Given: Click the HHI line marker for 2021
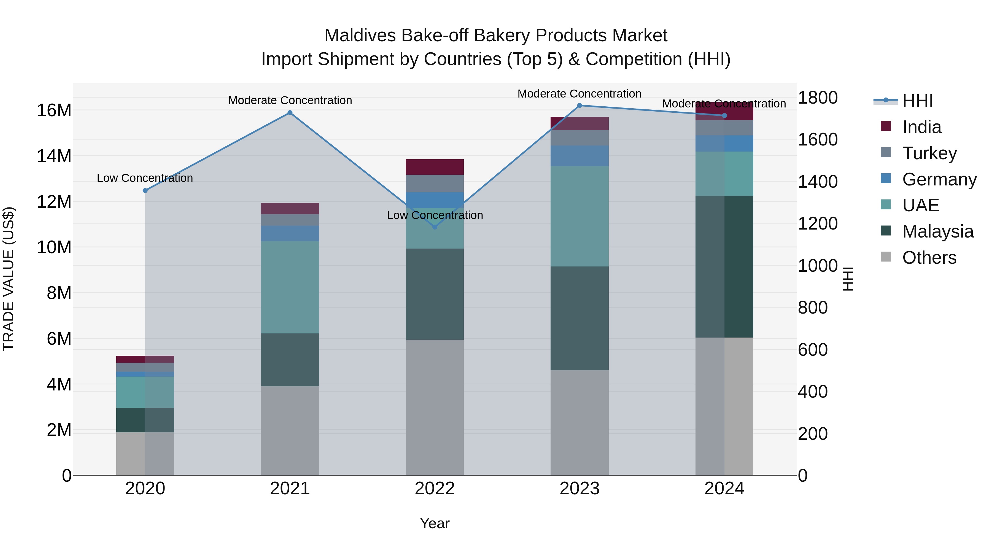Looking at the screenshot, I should tap(290, 113).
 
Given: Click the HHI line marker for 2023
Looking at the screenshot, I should tap(579, 106).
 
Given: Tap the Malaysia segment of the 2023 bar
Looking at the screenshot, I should tap(579, 319).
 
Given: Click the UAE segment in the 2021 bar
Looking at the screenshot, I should tap(290, 287).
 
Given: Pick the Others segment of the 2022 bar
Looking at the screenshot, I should tap(435, 408).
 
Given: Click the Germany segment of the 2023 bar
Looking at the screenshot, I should tap(579, 156).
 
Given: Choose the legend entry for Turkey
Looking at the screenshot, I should tap(929, 153).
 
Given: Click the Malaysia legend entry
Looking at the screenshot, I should tap(937, 231).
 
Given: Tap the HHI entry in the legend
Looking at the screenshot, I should tap(917, 101).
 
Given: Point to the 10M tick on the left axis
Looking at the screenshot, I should tap(54, 247).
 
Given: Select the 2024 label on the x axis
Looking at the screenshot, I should tap(724, 489).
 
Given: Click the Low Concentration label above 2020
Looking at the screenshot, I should tap(145, 178).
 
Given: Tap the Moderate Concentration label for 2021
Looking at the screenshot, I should tap(290, 100).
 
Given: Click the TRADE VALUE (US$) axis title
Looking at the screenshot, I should tap(9, 279).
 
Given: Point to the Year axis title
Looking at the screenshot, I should tap(435, 523).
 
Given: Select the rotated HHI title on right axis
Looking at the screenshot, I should tap(848, 279).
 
